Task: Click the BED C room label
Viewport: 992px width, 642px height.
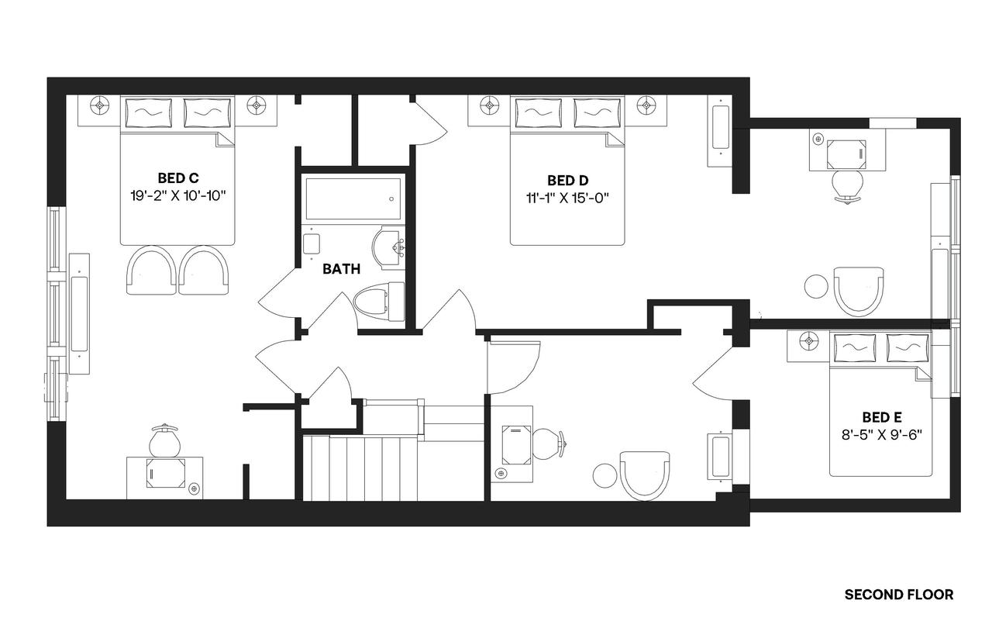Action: coord(177,177)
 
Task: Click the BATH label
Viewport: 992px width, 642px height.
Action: coord(341,269)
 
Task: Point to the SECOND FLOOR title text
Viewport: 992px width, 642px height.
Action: coord(898,595)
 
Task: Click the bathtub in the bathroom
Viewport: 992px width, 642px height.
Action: coord(353,199)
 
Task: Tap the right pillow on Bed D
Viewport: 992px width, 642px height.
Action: coord(598,112)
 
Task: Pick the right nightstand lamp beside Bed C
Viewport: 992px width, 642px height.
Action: coord(257,105)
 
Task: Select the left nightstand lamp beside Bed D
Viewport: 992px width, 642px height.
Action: coord(488,105)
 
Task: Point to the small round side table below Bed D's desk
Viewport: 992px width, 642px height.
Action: coord(816,286)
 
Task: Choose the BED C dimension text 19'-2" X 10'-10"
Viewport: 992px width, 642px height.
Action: coord(177,195)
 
